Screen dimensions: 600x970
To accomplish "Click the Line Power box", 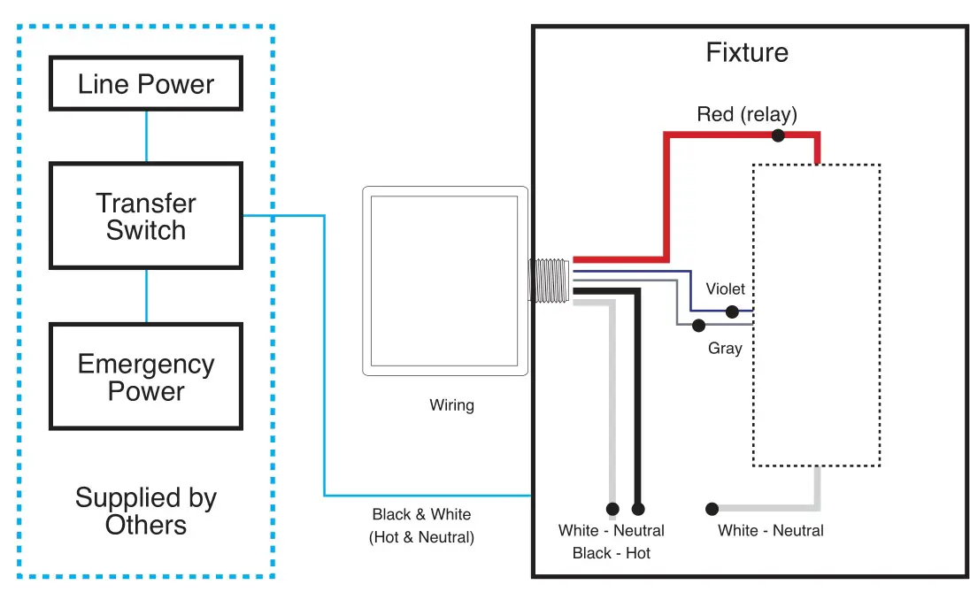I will click(x=146, y=85).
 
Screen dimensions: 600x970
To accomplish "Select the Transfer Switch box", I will click(x=146, y=216).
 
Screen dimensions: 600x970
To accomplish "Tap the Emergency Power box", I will click(x=146, y=377).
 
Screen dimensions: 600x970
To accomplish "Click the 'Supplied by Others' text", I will click(x=146, y=511).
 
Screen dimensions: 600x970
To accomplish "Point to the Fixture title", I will click(x=747, y=52).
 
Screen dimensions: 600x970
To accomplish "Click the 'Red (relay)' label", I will click(x=747, y=114).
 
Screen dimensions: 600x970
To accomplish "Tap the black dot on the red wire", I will click(x=778, y=135).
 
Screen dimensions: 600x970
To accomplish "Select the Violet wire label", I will click(x=725, y=288).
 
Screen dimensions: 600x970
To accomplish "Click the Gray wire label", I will click(x=725, y=349).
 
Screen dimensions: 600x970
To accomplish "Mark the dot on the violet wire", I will click(x=732, y=312).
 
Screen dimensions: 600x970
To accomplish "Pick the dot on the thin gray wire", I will click(x=698, y=325).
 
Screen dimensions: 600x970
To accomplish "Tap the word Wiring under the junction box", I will click(x=451, y=405).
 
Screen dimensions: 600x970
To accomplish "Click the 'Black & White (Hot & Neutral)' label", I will click(x=421, y=526).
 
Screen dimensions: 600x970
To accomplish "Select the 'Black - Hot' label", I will click(x=611, y=553).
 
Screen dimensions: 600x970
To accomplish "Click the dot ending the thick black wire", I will click(x=638, y=509).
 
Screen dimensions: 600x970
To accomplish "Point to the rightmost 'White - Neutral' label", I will click(x=770, y=530).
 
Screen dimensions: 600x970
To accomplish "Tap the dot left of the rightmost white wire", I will click(x=712, y=509).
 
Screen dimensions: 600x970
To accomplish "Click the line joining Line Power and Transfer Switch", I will click(x=146, y=136).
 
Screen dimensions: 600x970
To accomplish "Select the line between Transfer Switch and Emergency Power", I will click(x=146, y=296).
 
